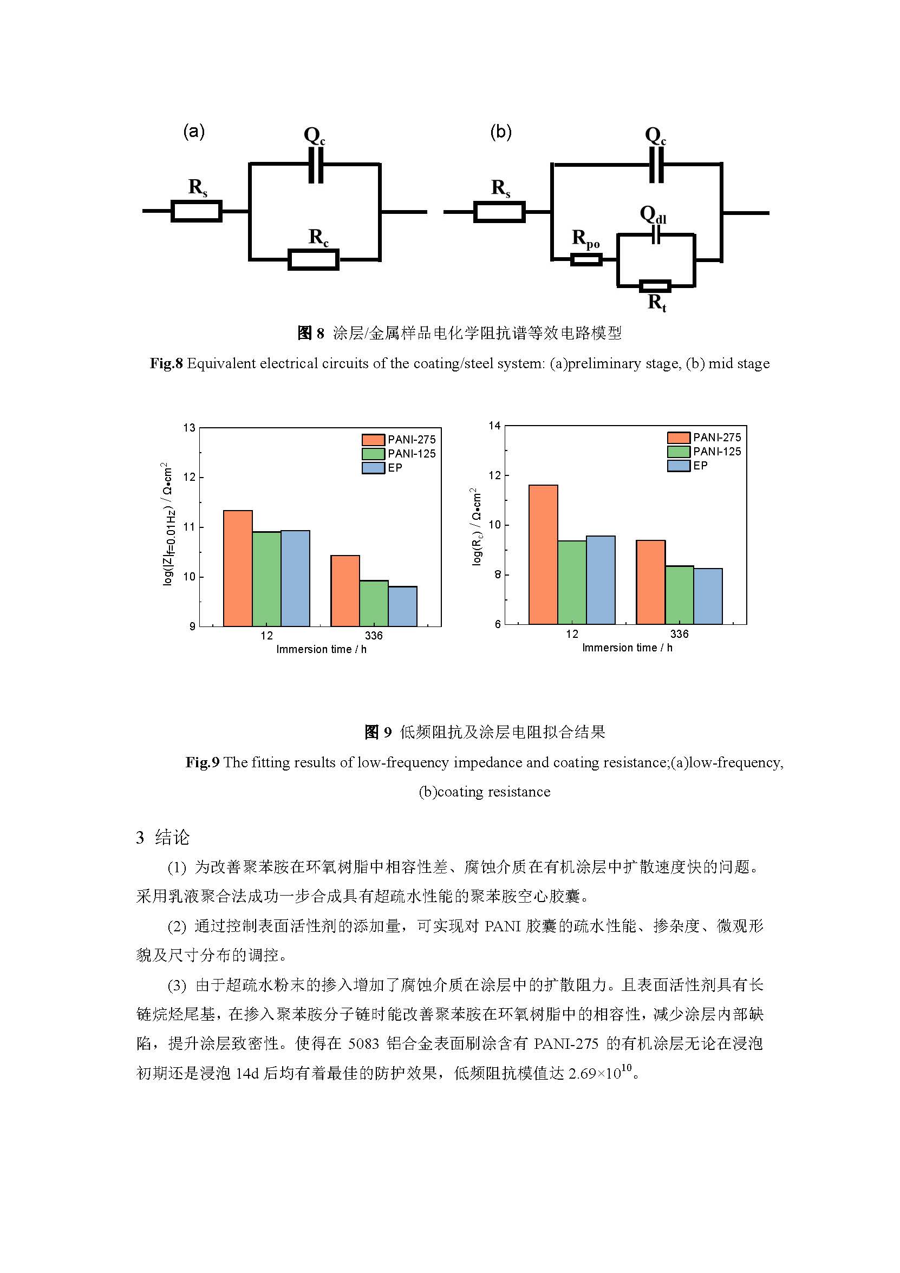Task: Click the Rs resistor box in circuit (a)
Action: tap(197, 211)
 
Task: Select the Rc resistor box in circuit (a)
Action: tap(314, 259)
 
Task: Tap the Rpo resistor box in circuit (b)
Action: tap(586, 259)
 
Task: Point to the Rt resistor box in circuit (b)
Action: tap(655, 286)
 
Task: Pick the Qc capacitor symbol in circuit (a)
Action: tap(316, 165)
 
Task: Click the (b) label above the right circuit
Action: tap(501, 132)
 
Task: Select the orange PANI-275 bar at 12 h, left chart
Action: tap(238, 569)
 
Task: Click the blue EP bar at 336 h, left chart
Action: tap(402, 606)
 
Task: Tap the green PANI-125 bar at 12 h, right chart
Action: tap(572, 582)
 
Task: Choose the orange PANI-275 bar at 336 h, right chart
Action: tap(650, 582)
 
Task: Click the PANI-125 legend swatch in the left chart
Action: tap(373, 454)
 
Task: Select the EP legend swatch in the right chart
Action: tap(678, 466)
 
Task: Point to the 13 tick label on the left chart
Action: tap(190, 427)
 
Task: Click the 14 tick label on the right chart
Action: tap(494, 425)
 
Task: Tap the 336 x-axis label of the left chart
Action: tap(374, 635)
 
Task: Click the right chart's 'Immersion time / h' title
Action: tap(627, 648)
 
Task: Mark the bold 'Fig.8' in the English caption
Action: tap(166, 364)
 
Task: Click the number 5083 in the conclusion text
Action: tap(363, 1044)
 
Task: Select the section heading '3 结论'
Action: tap(163, 837)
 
